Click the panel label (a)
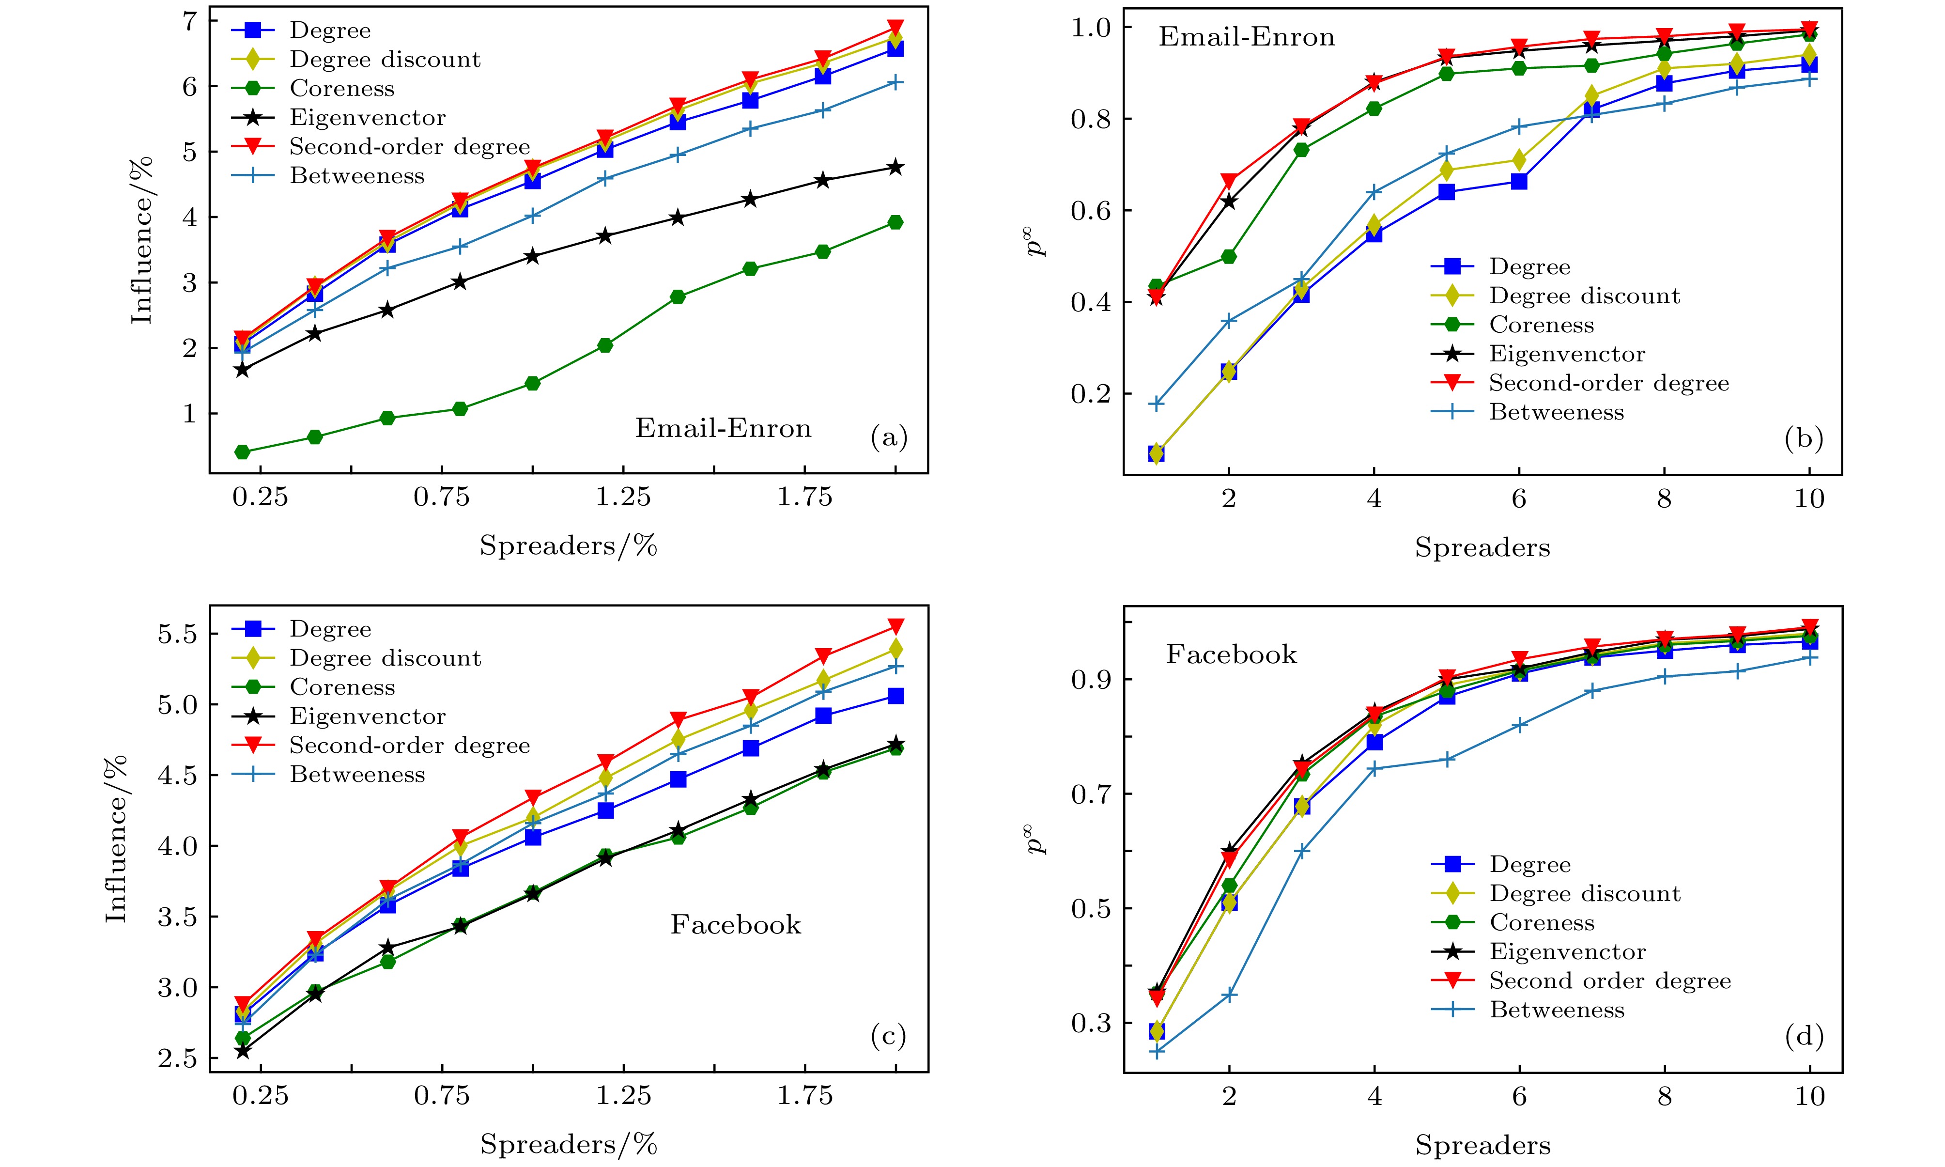click(888, 438)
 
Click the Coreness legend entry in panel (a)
click(341, 88)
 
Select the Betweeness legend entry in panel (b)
click(1556, 412)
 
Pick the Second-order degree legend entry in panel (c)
click(409, 746)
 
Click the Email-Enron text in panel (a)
click(723, 429)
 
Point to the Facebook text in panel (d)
click(1231, 654)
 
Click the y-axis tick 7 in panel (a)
click(189, 21)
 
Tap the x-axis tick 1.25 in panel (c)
click(623, 1095)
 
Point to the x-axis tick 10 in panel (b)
click(1809, 498)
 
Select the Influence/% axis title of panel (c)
click(116, 838)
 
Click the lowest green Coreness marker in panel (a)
click(242, 452)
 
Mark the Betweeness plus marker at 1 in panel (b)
click(1156, 404)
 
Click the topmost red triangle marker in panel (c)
click(895, 626)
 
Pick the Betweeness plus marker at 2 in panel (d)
click(1229, 995)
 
